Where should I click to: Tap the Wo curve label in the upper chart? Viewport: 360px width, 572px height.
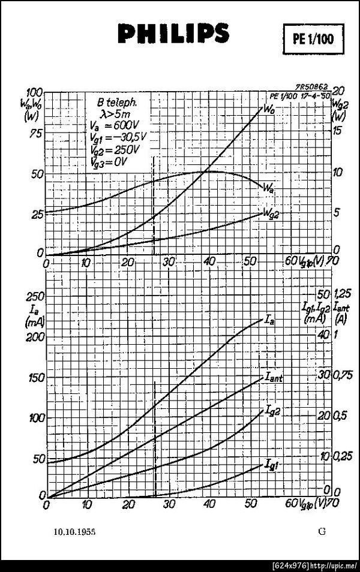pos(268,109)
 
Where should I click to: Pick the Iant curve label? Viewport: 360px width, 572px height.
pos(274,378)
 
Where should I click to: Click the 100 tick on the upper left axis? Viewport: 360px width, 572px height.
pos(34,92)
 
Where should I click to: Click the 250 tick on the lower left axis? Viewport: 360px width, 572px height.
pos(37,296)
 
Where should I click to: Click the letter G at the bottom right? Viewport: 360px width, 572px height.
pos(323,531)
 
